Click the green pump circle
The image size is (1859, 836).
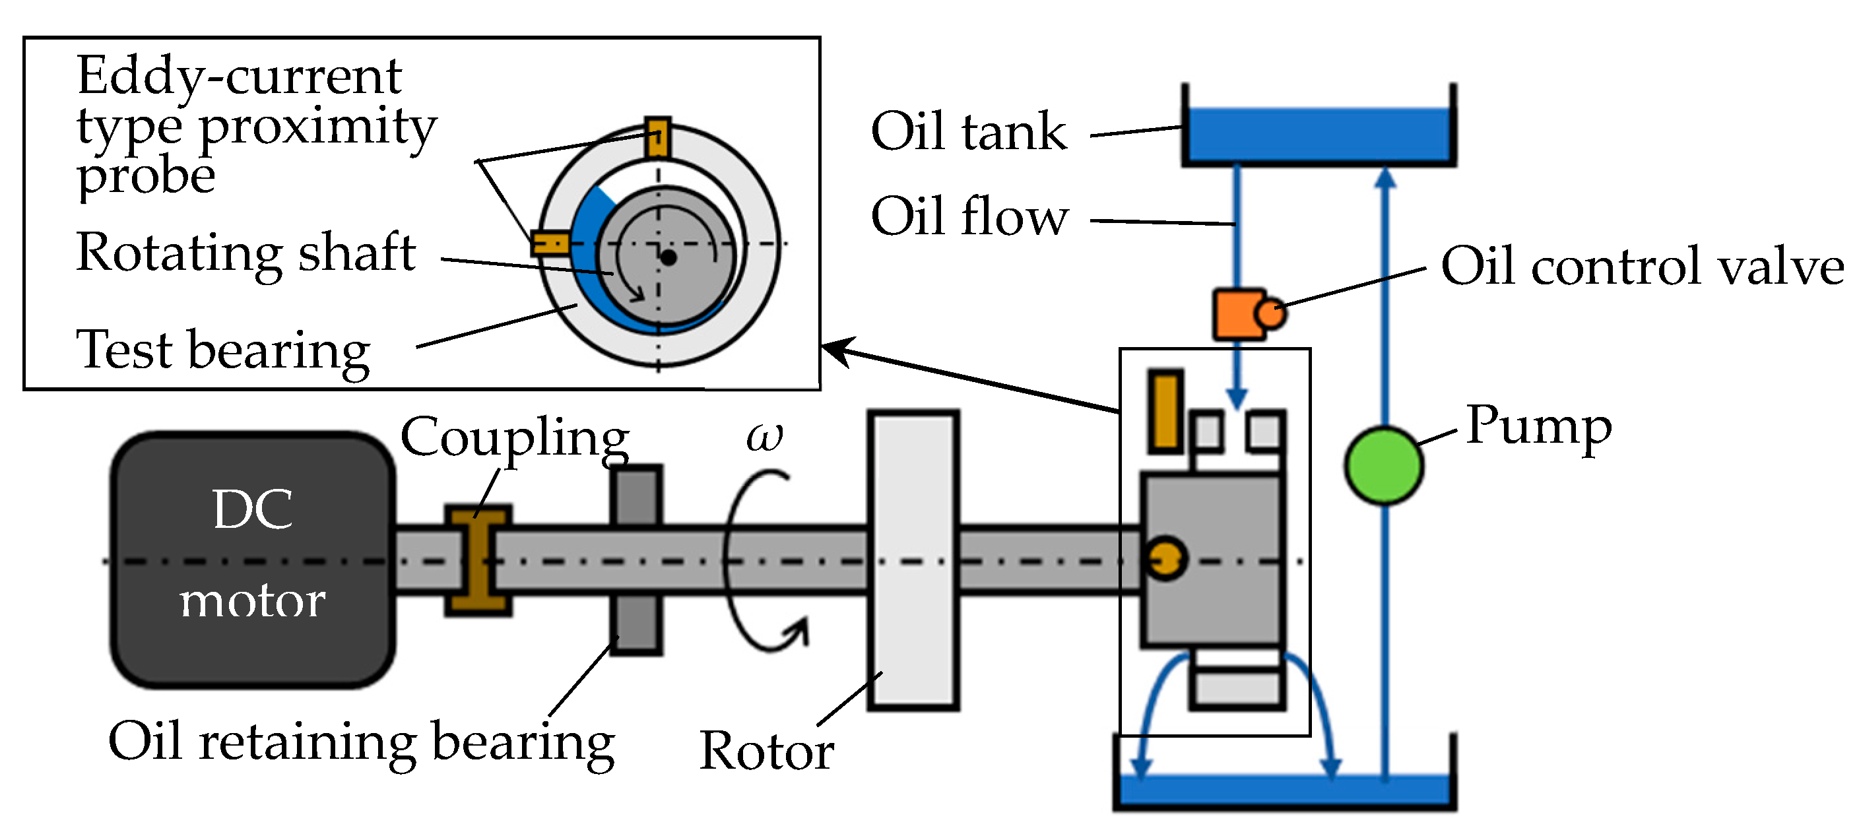[1383, 466]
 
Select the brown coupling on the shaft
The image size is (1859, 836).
[478, 560]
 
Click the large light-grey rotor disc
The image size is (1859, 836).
[913, 560]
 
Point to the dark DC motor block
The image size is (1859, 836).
[253, 560]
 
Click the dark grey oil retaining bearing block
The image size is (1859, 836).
[636, 560]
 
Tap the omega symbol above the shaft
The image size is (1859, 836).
[764, 436]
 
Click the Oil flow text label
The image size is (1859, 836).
[969, 216]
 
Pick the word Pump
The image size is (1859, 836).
[1538, 426]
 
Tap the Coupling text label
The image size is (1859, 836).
[515, 438]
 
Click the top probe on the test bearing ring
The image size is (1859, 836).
[657, 137]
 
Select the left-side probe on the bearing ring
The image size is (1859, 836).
[550, 243]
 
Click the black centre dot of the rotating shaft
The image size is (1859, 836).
[669, 257]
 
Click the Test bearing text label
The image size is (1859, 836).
[223, 350]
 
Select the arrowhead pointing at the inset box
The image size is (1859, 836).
[837, 350]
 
